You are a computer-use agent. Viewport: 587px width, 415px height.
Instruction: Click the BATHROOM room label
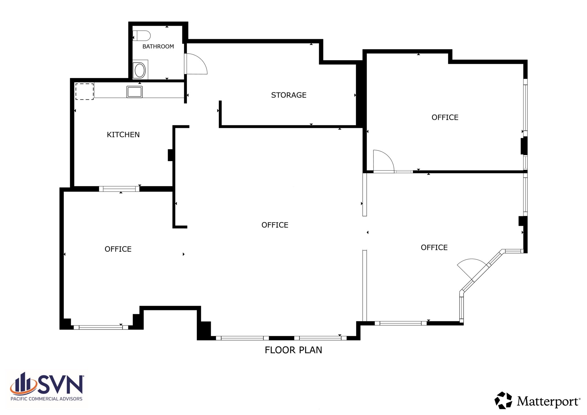click(x=158, y=46)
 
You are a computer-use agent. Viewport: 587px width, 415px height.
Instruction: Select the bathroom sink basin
click(x=140, y=70)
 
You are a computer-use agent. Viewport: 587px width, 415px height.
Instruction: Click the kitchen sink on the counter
click(x=134, y=92)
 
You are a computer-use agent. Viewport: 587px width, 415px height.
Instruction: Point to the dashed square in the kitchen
click(x=85, y=92)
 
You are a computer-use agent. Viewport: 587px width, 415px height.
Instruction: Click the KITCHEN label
click(x=123, y=135)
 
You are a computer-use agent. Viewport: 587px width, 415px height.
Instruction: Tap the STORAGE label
click(x=289, y=95)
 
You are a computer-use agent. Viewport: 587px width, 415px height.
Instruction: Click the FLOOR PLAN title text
click(x=293, y=350)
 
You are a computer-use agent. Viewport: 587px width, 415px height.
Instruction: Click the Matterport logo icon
click(x=503, y=400)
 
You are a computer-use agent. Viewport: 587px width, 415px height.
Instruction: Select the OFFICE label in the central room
click(x=275, y=225)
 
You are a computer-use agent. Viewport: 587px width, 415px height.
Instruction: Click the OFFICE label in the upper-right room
click(x=445, y=118)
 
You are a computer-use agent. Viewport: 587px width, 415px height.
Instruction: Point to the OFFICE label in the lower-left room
click(x=118, y=249)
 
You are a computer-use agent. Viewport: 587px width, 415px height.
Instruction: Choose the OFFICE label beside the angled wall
click(x=434, y=248)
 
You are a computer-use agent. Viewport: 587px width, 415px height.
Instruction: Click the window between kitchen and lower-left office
click(x=119, y=189)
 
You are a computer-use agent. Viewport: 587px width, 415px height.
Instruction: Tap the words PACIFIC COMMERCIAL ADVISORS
click(x=46, y=399)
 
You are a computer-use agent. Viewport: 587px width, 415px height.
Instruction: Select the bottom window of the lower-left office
click(x=101, y=327)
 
